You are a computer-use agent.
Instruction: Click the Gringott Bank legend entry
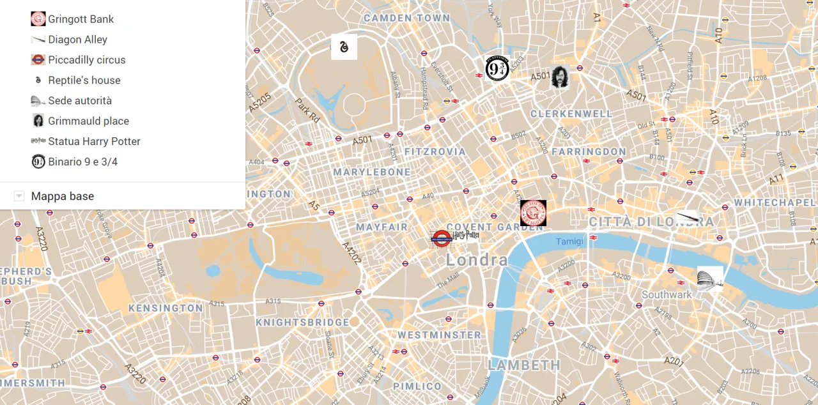click(x=81, y=19)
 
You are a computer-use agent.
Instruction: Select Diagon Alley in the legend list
click(x=77, y=40)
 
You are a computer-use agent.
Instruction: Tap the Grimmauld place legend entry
click(x=88, y=121)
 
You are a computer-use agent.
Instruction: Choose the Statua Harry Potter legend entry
click(x=94, y=141)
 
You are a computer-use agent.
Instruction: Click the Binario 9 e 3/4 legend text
click(x=82, y=162)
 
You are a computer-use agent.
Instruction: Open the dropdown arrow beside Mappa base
click(x=19, y=196)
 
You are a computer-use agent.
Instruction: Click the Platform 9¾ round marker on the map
click(x=497, y=68)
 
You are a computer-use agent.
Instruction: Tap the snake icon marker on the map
click(x=344, y=47)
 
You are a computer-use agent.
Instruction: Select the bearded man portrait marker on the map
click(x=560, y=76)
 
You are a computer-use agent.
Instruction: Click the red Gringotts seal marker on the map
click(x=533, y=213)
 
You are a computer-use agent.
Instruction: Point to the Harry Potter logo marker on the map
click(x=466, y=236)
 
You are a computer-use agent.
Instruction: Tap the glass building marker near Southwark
click(x=710, y=279)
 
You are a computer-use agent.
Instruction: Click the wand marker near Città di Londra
click(x=688, y=217)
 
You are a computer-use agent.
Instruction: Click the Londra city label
click(x=477, y=259)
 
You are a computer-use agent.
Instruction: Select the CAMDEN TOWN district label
click(x=407, y=18)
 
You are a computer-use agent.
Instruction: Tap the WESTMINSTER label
click(x=439, y=335)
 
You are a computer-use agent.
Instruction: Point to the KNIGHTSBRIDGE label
click(x=302, y=322)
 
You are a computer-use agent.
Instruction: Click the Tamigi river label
click(x=569, y=241)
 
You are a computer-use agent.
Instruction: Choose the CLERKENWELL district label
click(x=571, y=114)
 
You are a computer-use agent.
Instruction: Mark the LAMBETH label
click(x=524, y=365)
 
